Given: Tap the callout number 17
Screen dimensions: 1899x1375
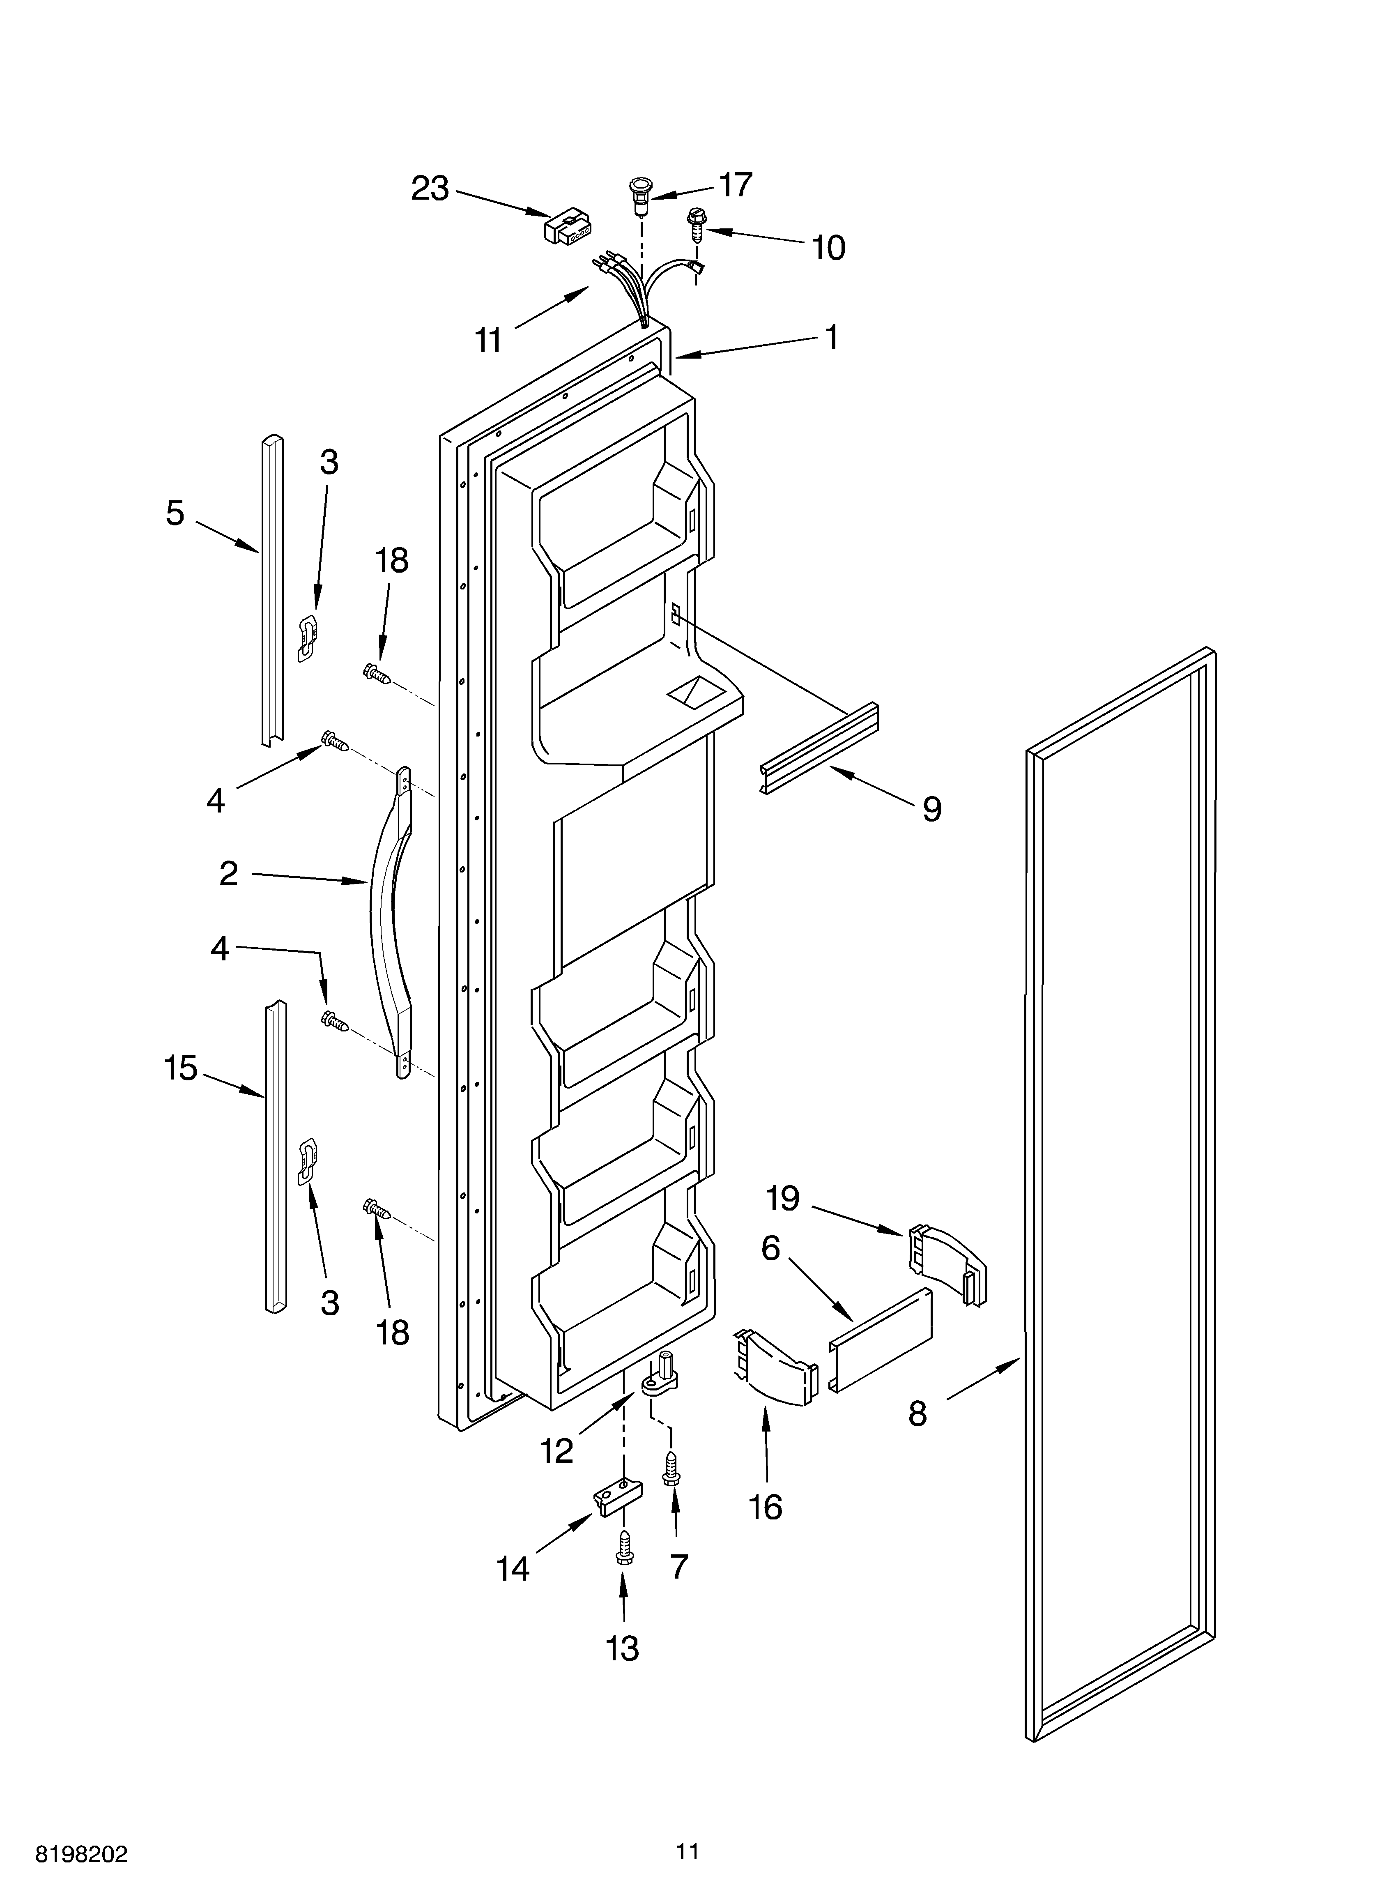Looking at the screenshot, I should (735, 185).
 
